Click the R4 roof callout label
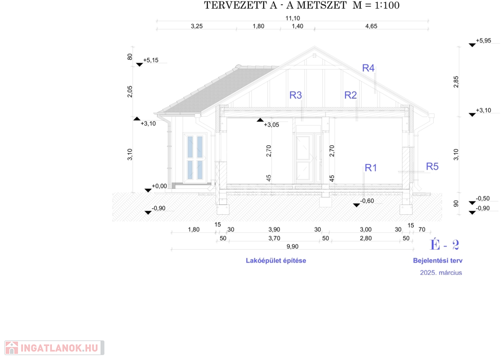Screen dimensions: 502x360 pyautogui.click(x=368, y=68)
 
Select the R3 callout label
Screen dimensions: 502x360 pyautogui.click(x=296, y=95)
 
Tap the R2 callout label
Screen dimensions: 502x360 pyautogui.click(x=351, y=95)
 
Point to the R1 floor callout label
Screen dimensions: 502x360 pyautogui.click(x=371, y=168)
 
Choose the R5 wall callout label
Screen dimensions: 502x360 pyautogui.click(x=432, y=167)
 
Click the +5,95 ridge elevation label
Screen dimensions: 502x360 pyautogui.click(x=483, y=41)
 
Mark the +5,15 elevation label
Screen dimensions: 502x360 pyautogui.click(x=151, y=60)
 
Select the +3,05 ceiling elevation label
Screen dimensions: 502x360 pyautogui.click(x=272, y=125)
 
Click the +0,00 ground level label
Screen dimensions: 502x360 pyautogui.click(x=159, y=186)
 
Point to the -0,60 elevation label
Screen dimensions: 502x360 pyautogui.click(x=367, y=201)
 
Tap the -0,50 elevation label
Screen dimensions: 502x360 pyautogui.click(x=483, y=199)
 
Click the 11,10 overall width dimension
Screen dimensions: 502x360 pyautogui.click(x=293, y=18)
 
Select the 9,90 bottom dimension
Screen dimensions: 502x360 pyautogui.click(x=292, y=247)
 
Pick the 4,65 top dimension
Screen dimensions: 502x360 pyautogui.click(x=372, y=26)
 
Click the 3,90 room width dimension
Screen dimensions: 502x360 pyautogui.click(x=275, y=230)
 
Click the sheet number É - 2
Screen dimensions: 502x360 pyautogui.click(x=444, y=245)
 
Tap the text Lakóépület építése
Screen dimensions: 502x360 pyautogui.click(x=276, y=261)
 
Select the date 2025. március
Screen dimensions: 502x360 pyautogui.click(x=441, y=273)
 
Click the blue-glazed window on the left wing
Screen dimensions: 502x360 pyautogui.click(x=195, y=157)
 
